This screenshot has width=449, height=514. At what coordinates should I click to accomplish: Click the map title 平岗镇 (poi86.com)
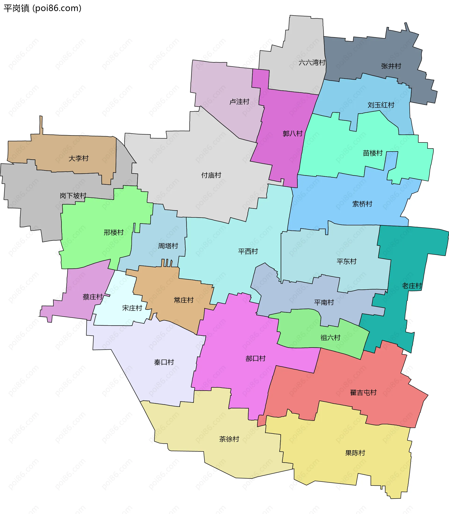click(x=43, y=8)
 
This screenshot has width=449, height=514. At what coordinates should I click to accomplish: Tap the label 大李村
click(x=78, y=158)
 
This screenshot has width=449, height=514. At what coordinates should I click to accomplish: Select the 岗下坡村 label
click(x=73, y=195)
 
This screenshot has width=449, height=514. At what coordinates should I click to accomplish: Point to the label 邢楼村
click(x=114, y=232)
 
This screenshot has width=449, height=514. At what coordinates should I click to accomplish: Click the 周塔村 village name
click(x=168, y=246)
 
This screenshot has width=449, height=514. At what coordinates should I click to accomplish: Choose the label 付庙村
click(x=211, y=175)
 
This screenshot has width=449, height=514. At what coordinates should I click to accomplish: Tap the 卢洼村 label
click(x=239, y=102)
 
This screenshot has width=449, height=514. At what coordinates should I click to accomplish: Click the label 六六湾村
click(x=312, y=63)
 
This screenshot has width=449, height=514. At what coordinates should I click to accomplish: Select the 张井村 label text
click(x=391, y=66)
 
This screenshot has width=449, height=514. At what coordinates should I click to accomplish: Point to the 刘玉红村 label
click(x=381, y=105)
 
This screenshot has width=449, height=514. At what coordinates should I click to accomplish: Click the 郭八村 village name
click(x=293, y=134)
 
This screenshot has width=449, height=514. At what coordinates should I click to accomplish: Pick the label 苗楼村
click(x=373, y=153)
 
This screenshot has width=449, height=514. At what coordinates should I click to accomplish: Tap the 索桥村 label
click(x=362, y=204)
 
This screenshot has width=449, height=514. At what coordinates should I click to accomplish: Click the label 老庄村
click(x=412, y=286)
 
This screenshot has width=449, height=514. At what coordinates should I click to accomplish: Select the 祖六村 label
click(x=330, y=338)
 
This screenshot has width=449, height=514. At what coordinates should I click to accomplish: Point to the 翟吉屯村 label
click(x=363, y=393)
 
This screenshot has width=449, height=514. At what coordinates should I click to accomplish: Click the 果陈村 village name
click(x=355, y=453)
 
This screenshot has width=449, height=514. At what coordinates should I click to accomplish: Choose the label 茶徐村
click(x=229, y=439)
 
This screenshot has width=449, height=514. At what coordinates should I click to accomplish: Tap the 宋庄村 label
click(x=132, y=308)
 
